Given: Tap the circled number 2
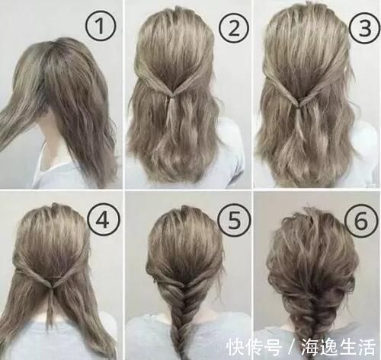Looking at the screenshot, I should coord(231,28).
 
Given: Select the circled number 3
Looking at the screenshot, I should coord(358,28).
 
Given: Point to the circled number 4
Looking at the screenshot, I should coord(103,219).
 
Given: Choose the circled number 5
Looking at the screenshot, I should coord(232,219).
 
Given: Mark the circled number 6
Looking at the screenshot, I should coord(358,219).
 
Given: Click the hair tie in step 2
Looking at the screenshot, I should coord(174,96).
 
